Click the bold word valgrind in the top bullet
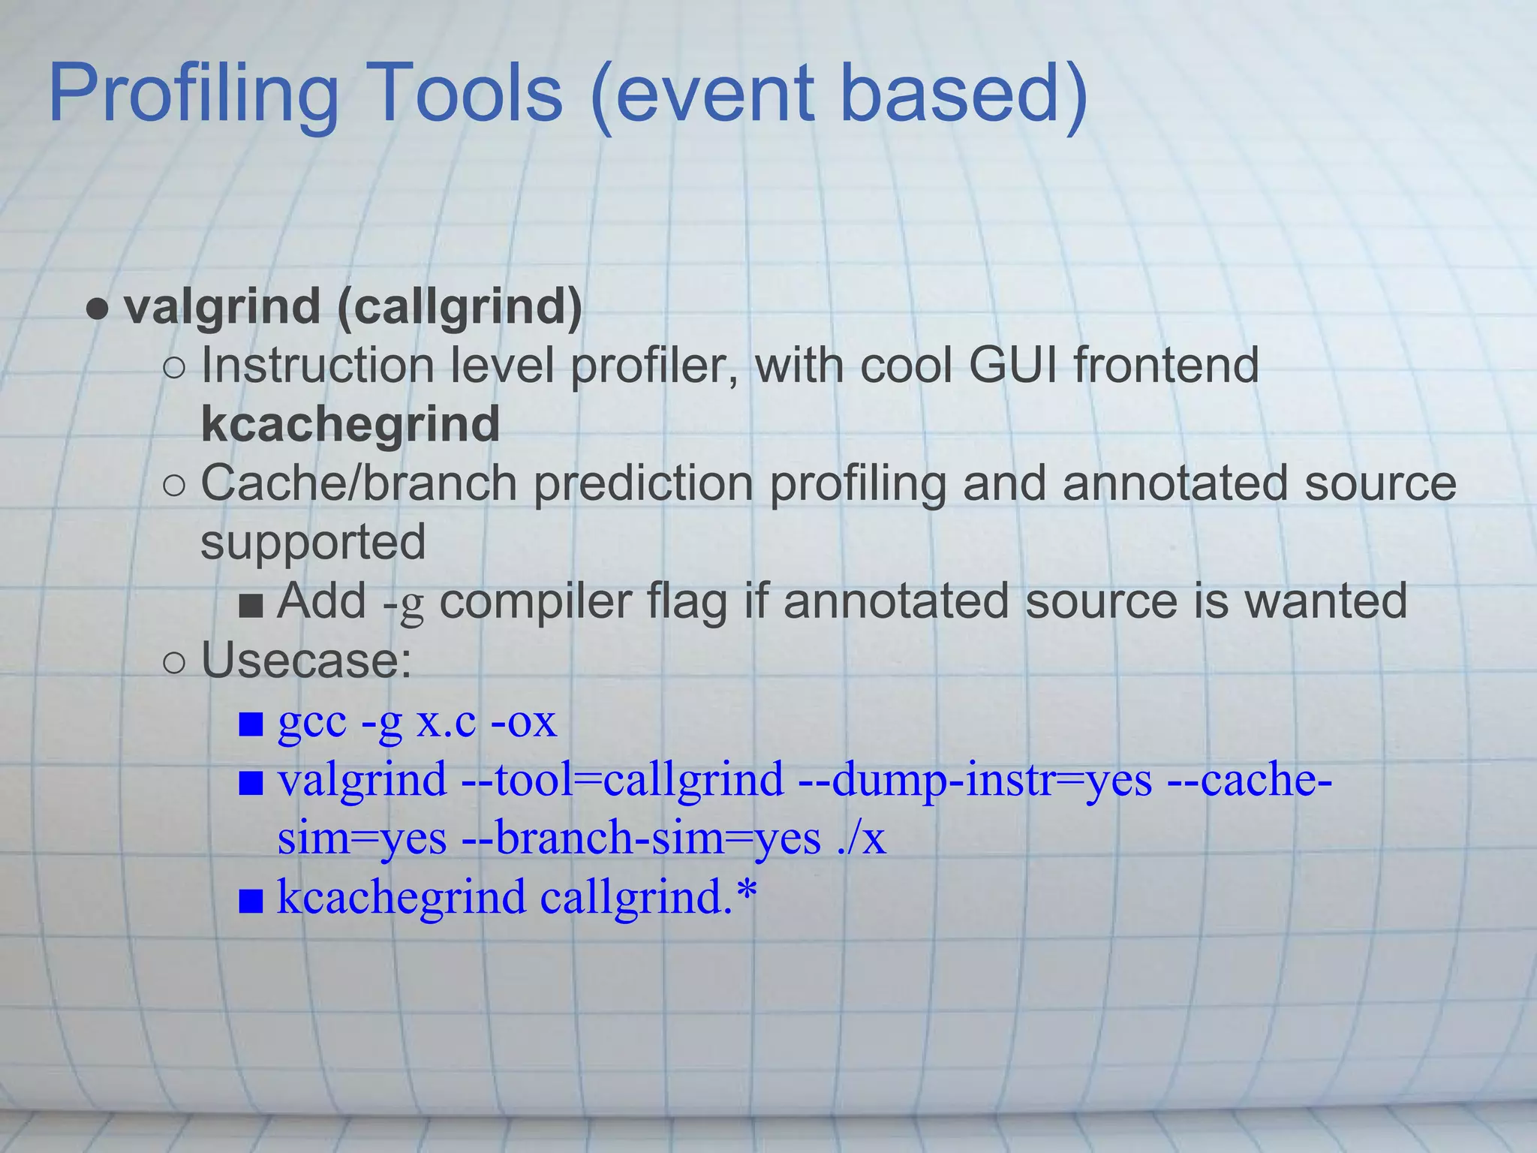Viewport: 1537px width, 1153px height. pos(222,307)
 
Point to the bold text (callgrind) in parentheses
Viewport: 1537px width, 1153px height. pos(459,307)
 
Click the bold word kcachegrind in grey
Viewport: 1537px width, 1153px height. pos(350,424)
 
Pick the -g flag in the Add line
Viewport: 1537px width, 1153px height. pos(404,603)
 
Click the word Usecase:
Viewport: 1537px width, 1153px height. pos(306,661)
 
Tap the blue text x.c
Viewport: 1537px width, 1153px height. pos(446,721)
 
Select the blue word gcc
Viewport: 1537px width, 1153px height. pos(311,721)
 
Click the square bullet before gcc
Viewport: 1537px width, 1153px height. pos(251,724)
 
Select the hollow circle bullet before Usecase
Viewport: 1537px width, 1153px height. pos(173,663)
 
